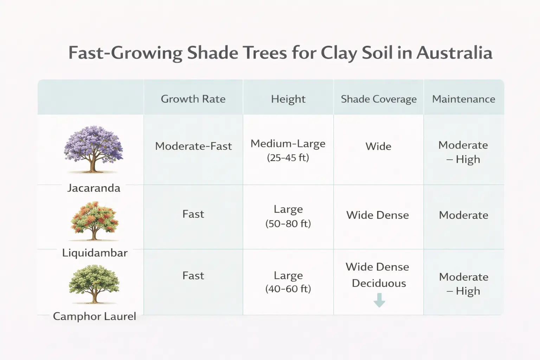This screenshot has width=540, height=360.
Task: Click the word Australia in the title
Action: [x=454, y=53]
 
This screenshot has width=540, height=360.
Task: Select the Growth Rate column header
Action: [x=193, y=99]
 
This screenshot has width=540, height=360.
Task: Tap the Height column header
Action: [x=288, y=99]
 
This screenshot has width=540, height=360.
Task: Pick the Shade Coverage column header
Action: [x=379, y=99]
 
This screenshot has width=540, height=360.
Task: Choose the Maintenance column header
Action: [x=463, y=99]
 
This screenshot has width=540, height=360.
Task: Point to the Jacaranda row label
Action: [x=94, y=188]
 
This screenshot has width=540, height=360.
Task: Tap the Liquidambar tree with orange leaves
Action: [x=94, y=220]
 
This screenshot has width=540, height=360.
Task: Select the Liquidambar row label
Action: [x=95, y=253]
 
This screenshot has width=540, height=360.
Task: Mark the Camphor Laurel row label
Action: [x=94, y=316]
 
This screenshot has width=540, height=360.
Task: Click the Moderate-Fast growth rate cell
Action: [x=193, y=146]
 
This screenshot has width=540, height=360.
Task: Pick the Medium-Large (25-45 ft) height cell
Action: [x=288, y=150]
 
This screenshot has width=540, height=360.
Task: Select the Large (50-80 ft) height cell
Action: [x=288, y=216]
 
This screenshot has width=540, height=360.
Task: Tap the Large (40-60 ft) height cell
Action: [x=288, y=282]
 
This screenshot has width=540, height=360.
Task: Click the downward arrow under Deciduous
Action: [x=379, y=300]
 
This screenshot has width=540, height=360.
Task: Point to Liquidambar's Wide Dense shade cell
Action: [x=378, y=215]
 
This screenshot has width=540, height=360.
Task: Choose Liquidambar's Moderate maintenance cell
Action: [x=463, y=215]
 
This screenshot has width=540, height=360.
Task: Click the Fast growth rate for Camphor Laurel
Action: [x=193, y=276]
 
